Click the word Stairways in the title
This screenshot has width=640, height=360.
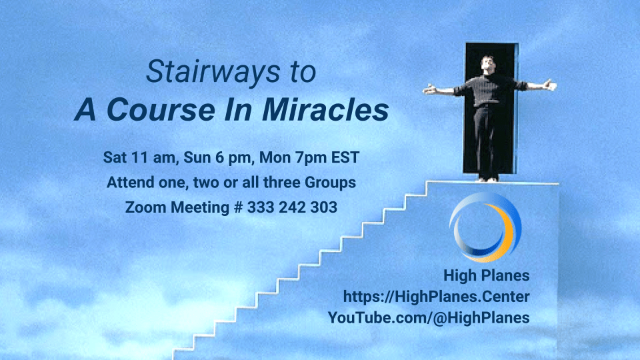[x=213, y=72]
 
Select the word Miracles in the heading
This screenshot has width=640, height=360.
[x=325, y=110]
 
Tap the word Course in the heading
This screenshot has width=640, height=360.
[x=161, y=110]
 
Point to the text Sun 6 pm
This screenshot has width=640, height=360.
[x=217, y=157]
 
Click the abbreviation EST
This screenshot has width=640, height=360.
[x=345, y=157]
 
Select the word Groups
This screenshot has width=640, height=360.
[x=330, y=183]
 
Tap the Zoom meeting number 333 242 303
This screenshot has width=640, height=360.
[x=292, y=207]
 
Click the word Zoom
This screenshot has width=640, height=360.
[x=146, y=207]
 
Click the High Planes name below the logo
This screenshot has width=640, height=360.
[x=487, y=275]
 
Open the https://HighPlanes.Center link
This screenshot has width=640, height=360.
[x=436, y=297]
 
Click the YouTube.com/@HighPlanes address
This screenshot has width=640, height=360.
[x=429, y=317]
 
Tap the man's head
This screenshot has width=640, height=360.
[x=488, y=65]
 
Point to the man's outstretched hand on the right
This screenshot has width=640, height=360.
[x=549, y=85]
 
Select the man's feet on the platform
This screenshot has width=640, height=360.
[x=488, y=179]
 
